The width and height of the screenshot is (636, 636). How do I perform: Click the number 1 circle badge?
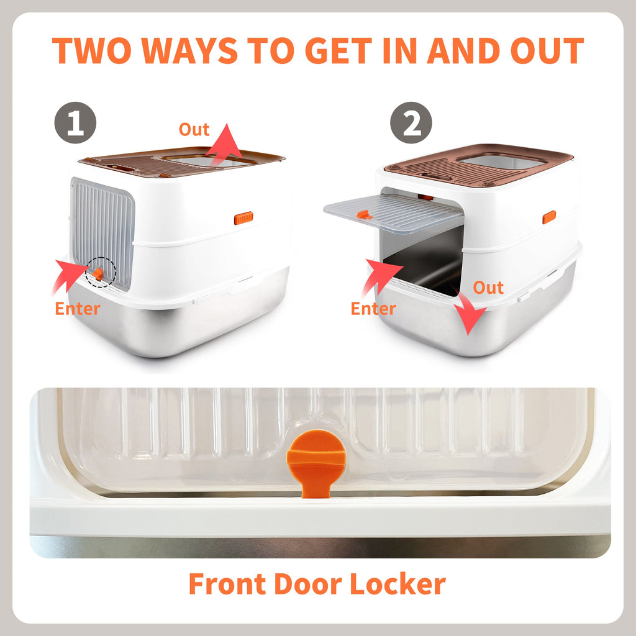pos(75,123)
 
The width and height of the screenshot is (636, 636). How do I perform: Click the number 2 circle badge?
pos(411,123)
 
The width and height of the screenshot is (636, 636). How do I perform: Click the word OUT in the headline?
pos(547,51)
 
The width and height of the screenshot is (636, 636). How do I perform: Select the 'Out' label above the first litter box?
pos(194,130)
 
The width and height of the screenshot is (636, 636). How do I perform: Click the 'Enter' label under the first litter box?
pos(78,309)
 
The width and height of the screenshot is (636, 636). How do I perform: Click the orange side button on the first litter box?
pos(243,219)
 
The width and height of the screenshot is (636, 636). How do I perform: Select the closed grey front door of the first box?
pos(102,230)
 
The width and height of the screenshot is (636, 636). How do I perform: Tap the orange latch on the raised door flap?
pos(363,214)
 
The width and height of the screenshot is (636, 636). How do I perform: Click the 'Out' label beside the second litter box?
pos(488,288)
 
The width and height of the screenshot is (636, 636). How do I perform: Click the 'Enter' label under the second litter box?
pos(373,309)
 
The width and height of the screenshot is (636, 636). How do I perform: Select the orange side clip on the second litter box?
pos(549,217)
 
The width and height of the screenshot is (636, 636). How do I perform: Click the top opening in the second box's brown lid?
pos(503,161)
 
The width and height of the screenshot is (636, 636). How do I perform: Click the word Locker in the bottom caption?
pos(397,584)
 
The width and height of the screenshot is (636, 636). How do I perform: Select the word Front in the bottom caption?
pos(227,584)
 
